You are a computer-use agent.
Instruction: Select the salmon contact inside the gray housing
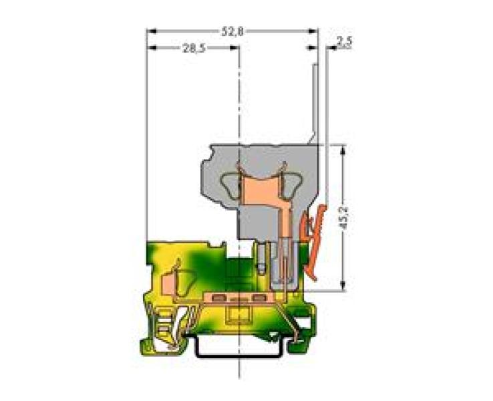tap(263, 194)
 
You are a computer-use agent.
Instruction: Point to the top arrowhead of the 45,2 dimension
tap(343, 149)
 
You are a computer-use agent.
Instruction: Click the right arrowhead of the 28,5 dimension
tap(234, 47)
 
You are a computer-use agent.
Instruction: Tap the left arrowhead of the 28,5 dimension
tap(152, 47)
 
